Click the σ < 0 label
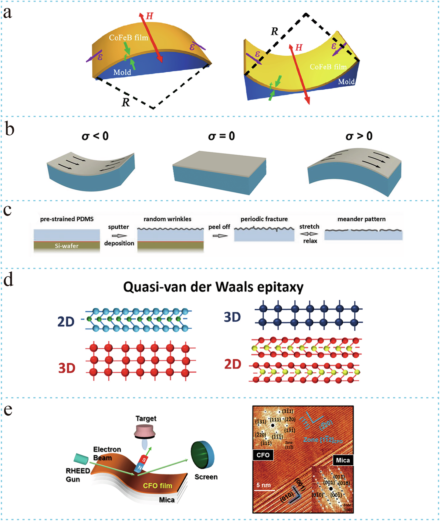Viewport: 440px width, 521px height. tap(95, 136)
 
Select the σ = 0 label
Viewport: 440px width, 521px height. tap(221, 136)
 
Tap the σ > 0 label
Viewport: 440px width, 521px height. tap(359, 136)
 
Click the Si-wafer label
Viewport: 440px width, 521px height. tap(66, 246)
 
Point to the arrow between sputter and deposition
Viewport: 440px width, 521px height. tap(119, 236)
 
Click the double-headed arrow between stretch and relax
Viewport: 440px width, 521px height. tap(309, 234)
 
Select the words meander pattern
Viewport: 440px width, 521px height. tap(361, 219)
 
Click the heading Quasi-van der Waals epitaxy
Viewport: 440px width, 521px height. tap(213, 287)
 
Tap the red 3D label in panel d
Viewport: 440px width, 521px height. tap(67, 368)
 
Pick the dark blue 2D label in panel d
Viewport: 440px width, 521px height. tap(66, 321)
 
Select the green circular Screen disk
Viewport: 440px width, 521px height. tap(202, 456)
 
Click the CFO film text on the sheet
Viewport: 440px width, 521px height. tap(157, 485)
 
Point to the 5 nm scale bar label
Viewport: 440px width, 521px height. tap(263, 485)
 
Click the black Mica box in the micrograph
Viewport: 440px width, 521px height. tap(343, 460)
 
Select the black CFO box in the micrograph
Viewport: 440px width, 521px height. tap(263, 455)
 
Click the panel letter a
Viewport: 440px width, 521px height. tap(8, 13)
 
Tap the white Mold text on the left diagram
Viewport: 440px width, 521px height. tap(122, 72)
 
